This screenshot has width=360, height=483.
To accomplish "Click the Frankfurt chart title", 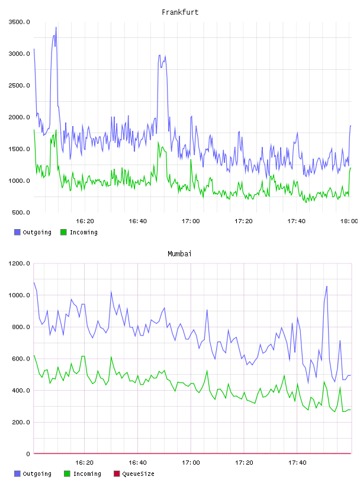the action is tap(180, 12).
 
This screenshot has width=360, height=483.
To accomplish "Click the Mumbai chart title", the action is tap(179, 253).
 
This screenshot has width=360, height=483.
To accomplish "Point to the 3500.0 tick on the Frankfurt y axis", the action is tap(20, 22).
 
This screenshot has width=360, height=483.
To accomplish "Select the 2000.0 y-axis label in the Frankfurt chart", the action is tap(20, 117).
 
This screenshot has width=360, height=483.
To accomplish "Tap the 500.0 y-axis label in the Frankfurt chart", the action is tap(21, 212).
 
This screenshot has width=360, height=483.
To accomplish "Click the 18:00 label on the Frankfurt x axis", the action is tap(349, 221).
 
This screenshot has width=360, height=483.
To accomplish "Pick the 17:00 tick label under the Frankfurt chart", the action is tap(191, 221).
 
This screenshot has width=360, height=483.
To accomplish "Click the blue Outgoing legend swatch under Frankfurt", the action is tap(17, 232).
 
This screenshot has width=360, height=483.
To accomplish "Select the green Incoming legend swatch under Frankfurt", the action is tap(63, 232).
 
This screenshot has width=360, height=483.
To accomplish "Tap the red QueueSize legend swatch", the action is tap(117, 474).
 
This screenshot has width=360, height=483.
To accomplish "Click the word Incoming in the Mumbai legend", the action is tap(87, 474).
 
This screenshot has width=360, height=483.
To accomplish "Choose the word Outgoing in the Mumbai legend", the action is tap(37, 474).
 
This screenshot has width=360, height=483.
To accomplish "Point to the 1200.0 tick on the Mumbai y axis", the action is tap(20, 263).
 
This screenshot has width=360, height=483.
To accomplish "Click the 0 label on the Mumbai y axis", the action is tap(28, 454).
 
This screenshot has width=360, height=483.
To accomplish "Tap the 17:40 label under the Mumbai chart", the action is tap(297, 462).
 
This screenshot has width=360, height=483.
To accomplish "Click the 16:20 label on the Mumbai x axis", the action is tap(84, 462).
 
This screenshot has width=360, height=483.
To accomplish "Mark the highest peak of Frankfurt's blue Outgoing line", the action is tap(56, 27).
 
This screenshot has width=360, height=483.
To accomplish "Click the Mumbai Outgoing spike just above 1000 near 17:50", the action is tap(327, 286).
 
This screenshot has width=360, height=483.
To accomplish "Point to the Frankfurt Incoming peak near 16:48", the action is tap(159, 142).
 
